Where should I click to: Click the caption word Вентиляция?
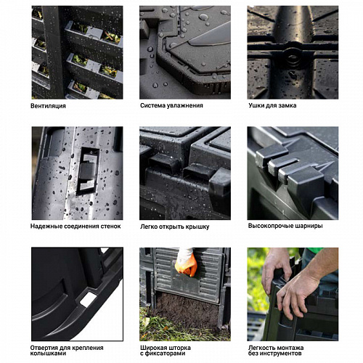(48, 106)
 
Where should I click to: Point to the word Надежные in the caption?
(44, 227)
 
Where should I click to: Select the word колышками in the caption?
(44, 354)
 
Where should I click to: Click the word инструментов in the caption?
(282, 354)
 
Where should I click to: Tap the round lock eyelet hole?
(293, 57)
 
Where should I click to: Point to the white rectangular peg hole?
(87, 300)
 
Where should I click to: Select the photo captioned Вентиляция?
(77, 52)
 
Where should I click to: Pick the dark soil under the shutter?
(187, 309)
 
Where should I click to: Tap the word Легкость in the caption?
(261, 348)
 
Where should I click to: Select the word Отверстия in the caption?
(44, 348)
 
